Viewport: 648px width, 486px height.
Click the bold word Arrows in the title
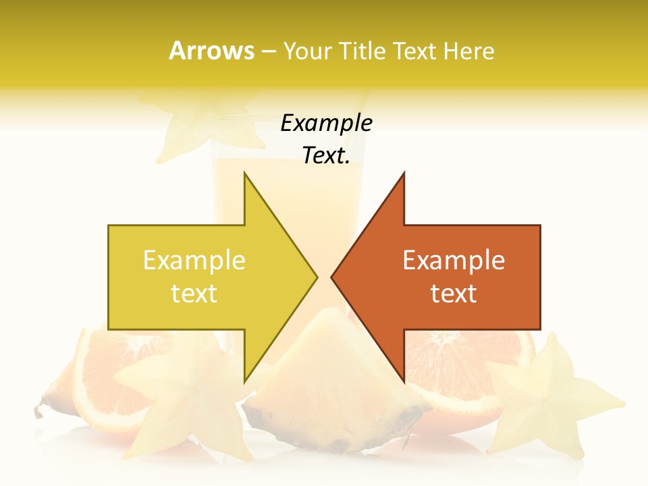click(x=212, y=51)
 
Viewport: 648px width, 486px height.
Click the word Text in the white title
click(x=415, y=51)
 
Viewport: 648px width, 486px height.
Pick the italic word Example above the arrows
click(x=326, y=124)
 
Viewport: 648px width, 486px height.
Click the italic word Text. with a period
click(x=326, y=156)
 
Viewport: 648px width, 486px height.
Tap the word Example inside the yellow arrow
click(x=194, y=261)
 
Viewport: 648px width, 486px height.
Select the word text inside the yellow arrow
click(x=194, y=294)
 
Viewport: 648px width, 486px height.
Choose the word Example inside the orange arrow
click(x=454, y=261)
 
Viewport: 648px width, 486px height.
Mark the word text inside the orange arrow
click(x=454, y=294)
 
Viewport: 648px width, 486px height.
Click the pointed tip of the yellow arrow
click(x=316, y=277)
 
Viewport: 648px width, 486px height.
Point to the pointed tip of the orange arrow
click(x=333, y=277)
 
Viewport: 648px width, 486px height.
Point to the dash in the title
click(x=268, y=51)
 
